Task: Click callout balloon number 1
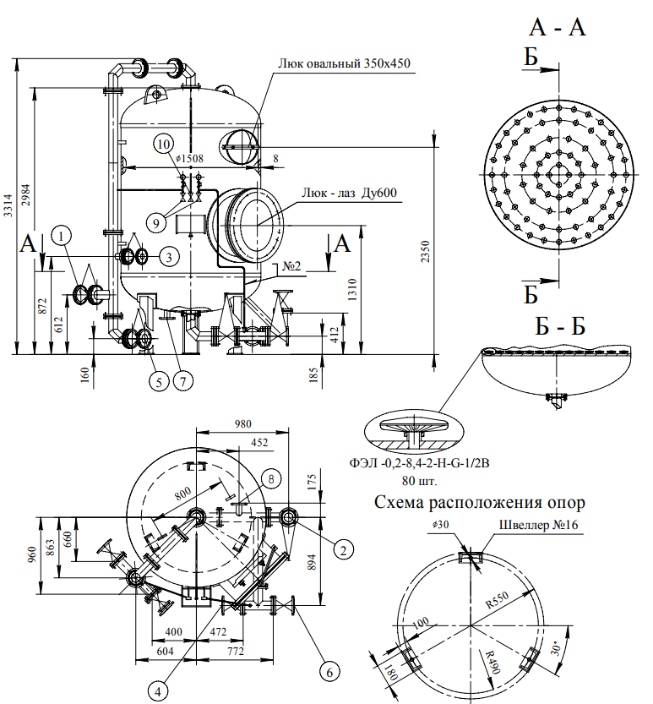click(66, 234)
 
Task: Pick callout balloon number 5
click(159, 380)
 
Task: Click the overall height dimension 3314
click(8, 206)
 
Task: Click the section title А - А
click(558, 27)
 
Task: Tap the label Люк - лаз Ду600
click(350, 193)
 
